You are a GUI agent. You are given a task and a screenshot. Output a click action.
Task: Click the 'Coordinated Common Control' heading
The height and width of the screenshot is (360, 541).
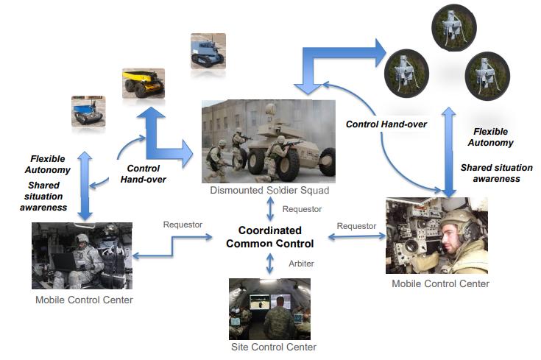point(269,237)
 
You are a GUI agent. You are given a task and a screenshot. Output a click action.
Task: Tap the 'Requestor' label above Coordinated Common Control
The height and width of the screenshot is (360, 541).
point(302,209)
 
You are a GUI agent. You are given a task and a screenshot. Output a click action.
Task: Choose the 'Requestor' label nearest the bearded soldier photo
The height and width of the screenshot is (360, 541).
point(356,225)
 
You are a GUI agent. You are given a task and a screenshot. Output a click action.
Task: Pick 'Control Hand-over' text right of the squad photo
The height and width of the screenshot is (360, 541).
point(386,124)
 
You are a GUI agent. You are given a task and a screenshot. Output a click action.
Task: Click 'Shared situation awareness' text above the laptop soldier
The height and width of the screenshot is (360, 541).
point(44,196)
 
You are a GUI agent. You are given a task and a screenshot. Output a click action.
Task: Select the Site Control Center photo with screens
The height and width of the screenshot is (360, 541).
point(269,308)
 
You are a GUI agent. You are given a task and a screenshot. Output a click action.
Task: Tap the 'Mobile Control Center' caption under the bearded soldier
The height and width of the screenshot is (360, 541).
point(440,283)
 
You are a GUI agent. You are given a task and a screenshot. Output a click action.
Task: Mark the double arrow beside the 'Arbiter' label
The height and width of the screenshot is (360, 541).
point(269,263)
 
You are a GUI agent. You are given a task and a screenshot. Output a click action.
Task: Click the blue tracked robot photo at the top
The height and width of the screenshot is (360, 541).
point(207,51)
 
